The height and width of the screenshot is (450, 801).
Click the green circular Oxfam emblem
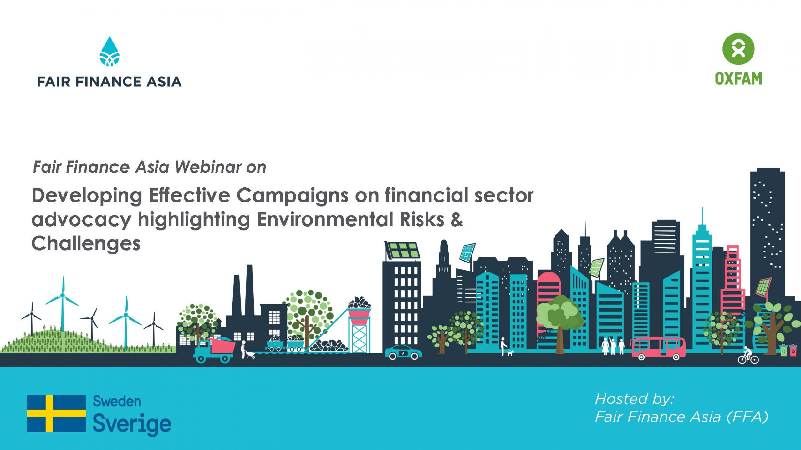click(738, 49)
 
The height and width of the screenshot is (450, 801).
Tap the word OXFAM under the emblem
click(738, 79)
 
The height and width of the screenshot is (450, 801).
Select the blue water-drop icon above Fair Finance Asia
click(110, 51)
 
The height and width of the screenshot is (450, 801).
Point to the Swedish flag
click(56, 413)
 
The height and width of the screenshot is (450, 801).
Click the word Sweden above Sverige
click(117, 401)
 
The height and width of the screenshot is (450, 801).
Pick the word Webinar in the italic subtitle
click(208, 167)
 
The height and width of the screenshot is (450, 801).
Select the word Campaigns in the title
click(292, 196)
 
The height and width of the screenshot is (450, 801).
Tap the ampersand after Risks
click(457, 220)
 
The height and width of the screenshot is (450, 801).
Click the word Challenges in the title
click(86, 244)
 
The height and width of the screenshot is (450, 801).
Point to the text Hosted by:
click(635, 399)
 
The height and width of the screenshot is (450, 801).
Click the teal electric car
click(403, 352)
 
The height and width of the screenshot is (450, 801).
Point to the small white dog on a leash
click(510, 353)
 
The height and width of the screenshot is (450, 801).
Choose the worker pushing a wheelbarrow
click(247, 350)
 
